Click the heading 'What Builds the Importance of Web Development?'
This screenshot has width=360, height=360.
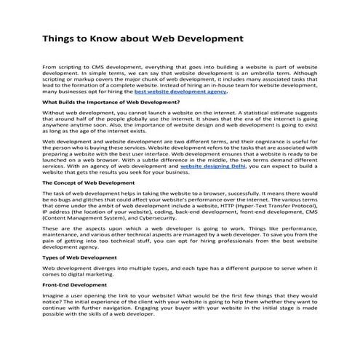101,103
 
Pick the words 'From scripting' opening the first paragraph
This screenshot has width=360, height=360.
63,66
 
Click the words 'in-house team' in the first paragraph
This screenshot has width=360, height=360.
236,87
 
